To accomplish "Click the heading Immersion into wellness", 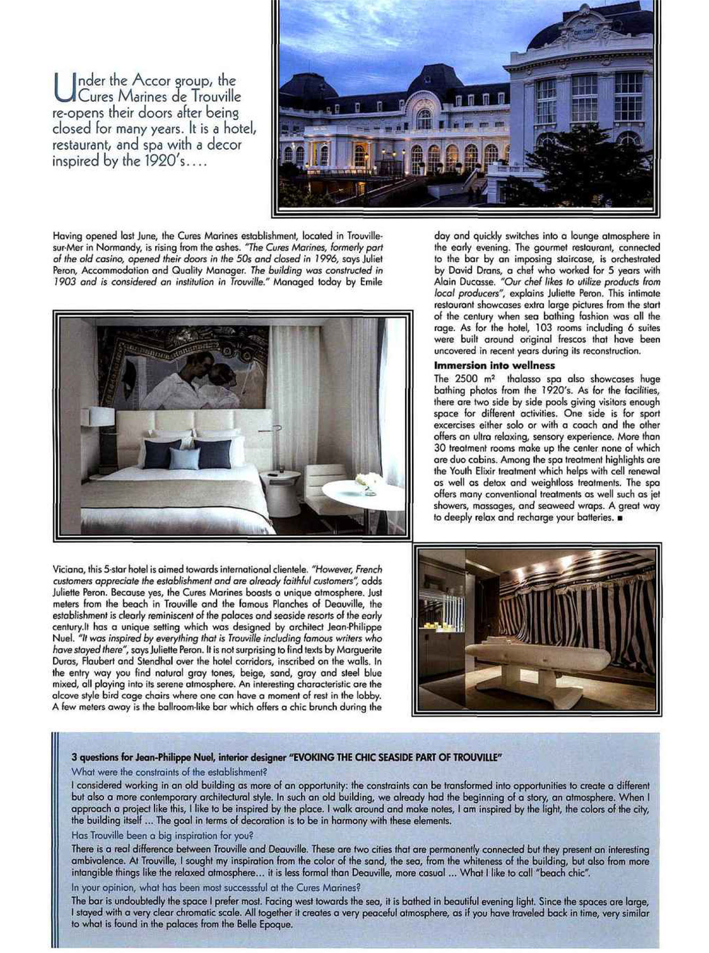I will (x=494, y=365).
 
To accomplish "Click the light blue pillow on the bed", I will (x=184, y=458).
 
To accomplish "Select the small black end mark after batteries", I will (x=616, y=518).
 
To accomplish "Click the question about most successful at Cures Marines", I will (x=216, y=888).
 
